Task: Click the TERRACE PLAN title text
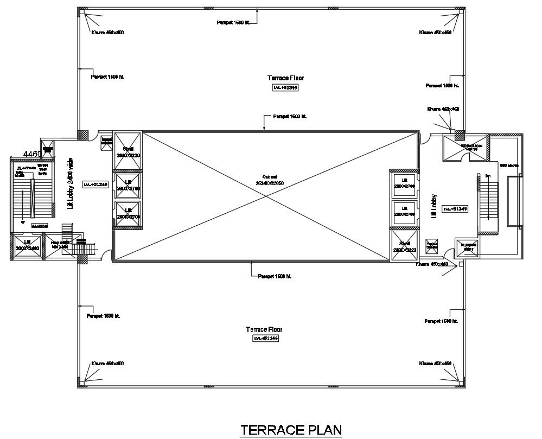point(291,429)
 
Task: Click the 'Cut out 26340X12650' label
point(266,180)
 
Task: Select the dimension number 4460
point(32,154)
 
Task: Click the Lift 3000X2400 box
point(26,245)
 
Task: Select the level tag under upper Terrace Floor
point(285,87)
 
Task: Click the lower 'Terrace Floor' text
point(264,329)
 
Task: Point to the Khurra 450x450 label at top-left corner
point(107,33)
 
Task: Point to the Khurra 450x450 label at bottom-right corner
point(435,363)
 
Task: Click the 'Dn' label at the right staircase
point(487,176)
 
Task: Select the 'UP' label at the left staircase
point(22,222)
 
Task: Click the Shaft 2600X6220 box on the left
point(128,151)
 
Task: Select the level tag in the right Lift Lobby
point(455,208)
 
